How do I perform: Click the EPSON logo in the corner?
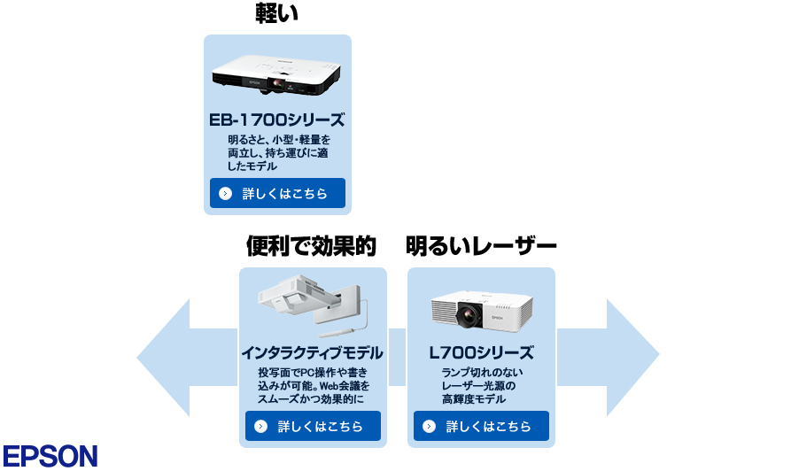50,454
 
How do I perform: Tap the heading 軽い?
277,13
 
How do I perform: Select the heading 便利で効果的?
311,245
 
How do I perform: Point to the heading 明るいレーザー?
481,245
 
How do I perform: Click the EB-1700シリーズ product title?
277,120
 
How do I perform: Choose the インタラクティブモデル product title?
313,352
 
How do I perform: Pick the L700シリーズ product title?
481,352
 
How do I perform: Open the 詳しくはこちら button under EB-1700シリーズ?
277,193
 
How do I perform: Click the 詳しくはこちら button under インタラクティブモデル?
313,426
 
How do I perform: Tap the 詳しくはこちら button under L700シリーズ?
481,426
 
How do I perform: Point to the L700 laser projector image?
481,310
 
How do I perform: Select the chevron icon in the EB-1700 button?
225,193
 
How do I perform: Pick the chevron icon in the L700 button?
430,426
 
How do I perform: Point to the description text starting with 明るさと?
277,153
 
